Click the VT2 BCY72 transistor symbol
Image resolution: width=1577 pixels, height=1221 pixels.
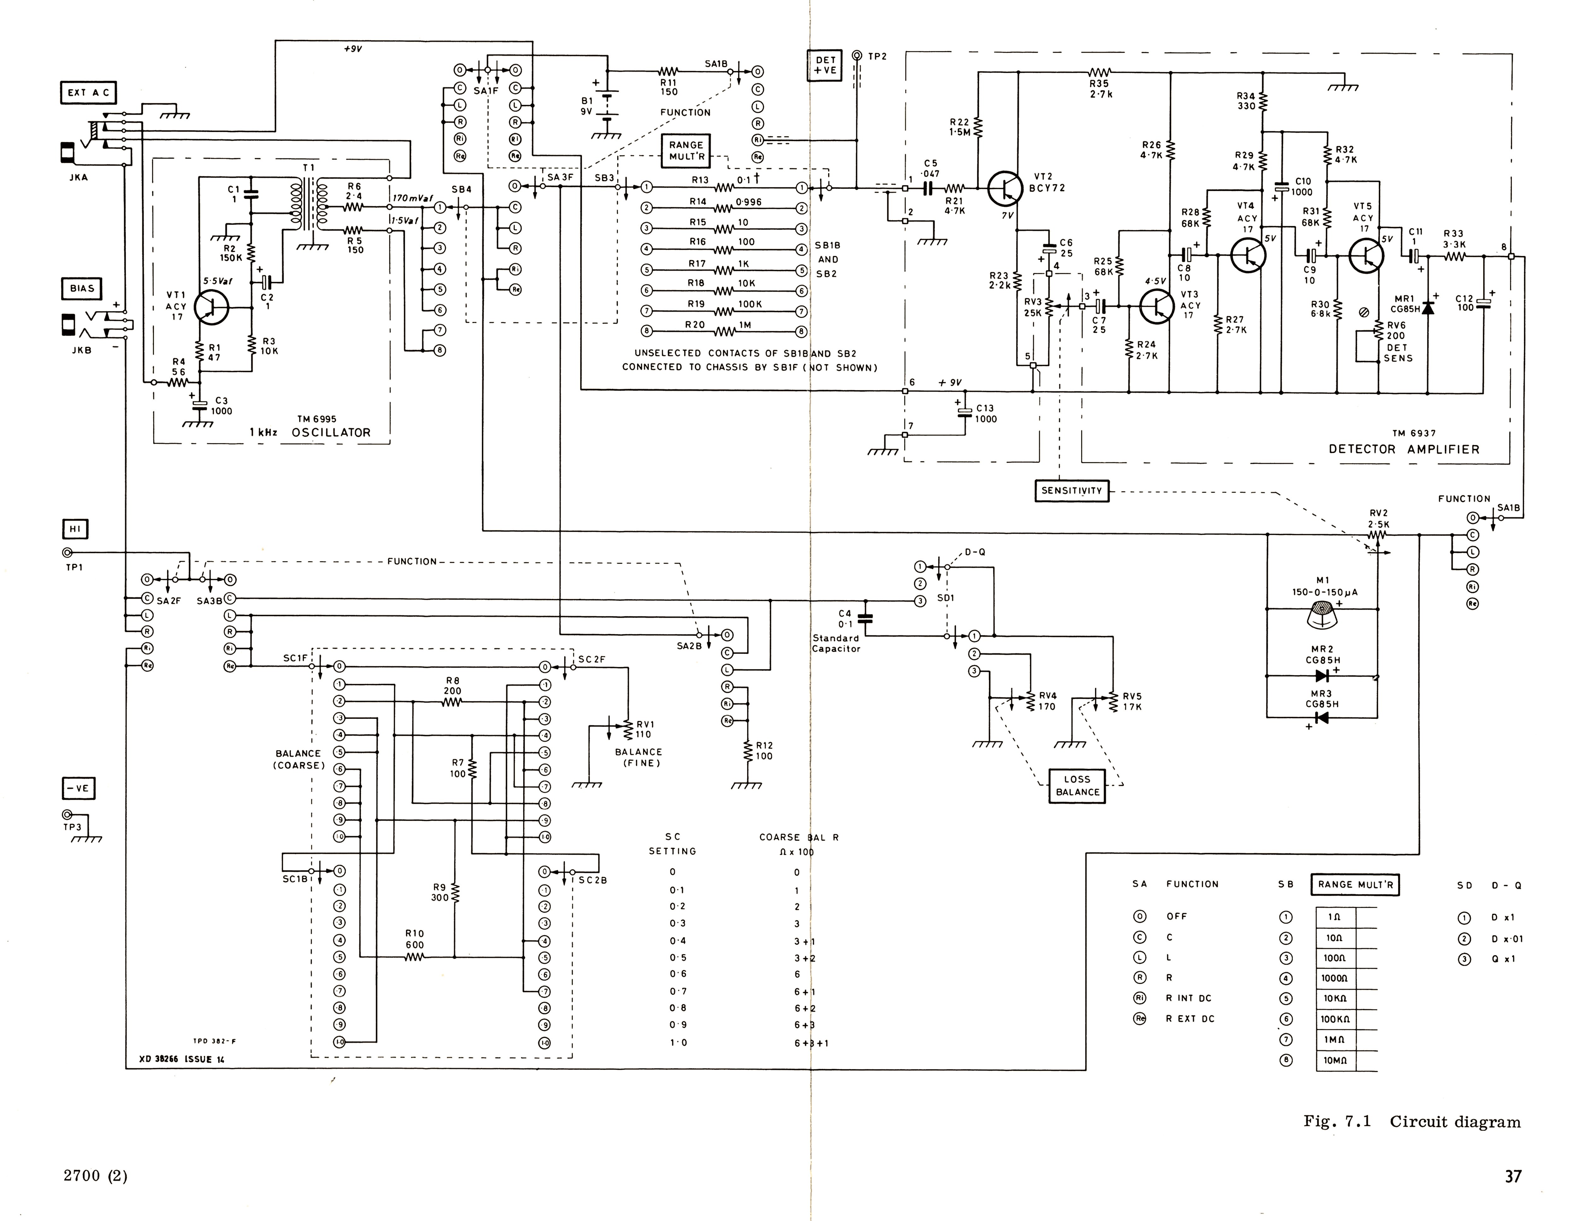coord(1004,188)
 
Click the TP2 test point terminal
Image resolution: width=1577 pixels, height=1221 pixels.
coord(857,56)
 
